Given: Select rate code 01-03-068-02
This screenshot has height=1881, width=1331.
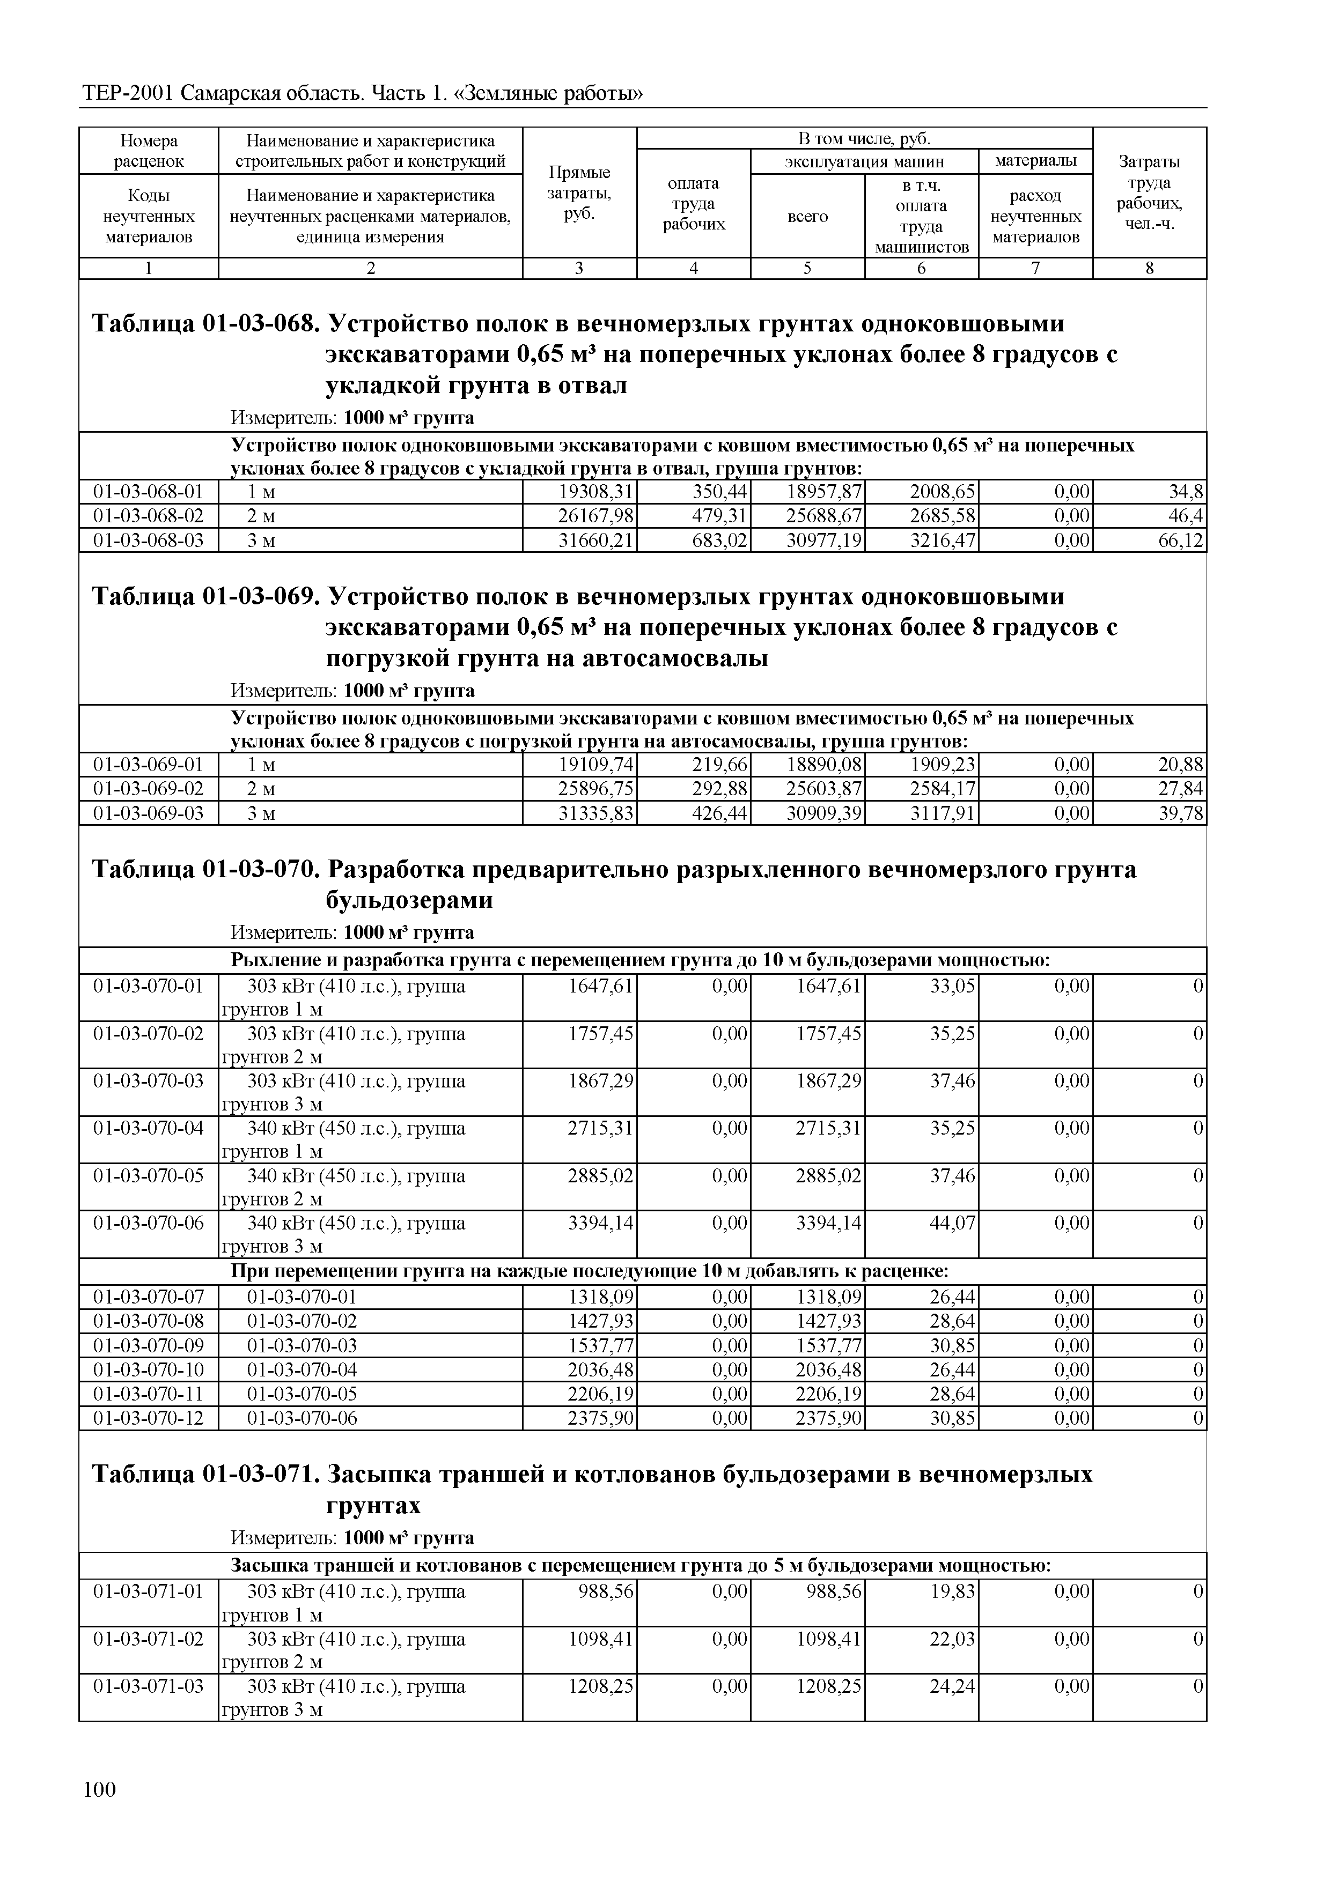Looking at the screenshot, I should [x=149, y=516].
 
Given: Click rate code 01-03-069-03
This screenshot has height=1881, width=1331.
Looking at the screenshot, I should [x=149, y=813].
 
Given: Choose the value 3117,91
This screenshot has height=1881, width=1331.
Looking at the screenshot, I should [x=943, y=813].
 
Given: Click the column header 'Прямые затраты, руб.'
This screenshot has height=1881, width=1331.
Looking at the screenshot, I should [x=579, y=194].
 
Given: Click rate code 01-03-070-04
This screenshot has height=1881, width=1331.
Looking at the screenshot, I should [x=149, y=1129].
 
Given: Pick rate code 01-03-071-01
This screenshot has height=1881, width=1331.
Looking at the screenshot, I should [x=149, y=1592].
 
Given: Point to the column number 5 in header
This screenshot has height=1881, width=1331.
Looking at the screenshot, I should [x=807, y=268].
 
